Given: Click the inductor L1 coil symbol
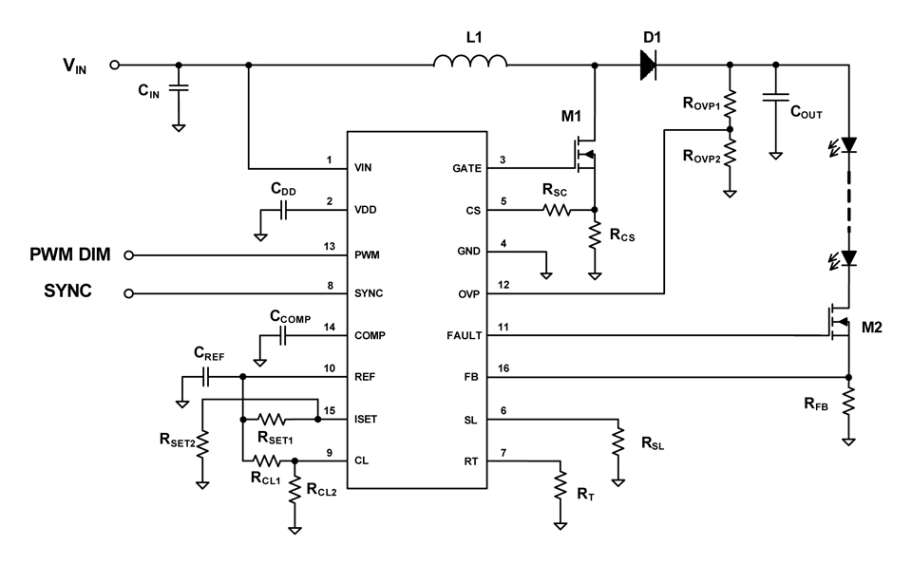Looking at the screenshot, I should point(470,62).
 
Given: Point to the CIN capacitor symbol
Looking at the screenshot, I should point(178,90).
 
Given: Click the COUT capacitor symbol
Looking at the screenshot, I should point(776,98).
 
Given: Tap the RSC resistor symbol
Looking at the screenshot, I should point(555,210).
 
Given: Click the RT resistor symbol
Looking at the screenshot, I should point(560,486).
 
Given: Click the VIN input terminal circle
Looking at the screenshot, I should point(115,65).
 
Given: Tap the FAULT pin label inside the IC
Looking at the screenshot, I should point(464,335).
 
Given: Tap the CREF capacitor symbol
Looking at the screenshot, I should point(207,377).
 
